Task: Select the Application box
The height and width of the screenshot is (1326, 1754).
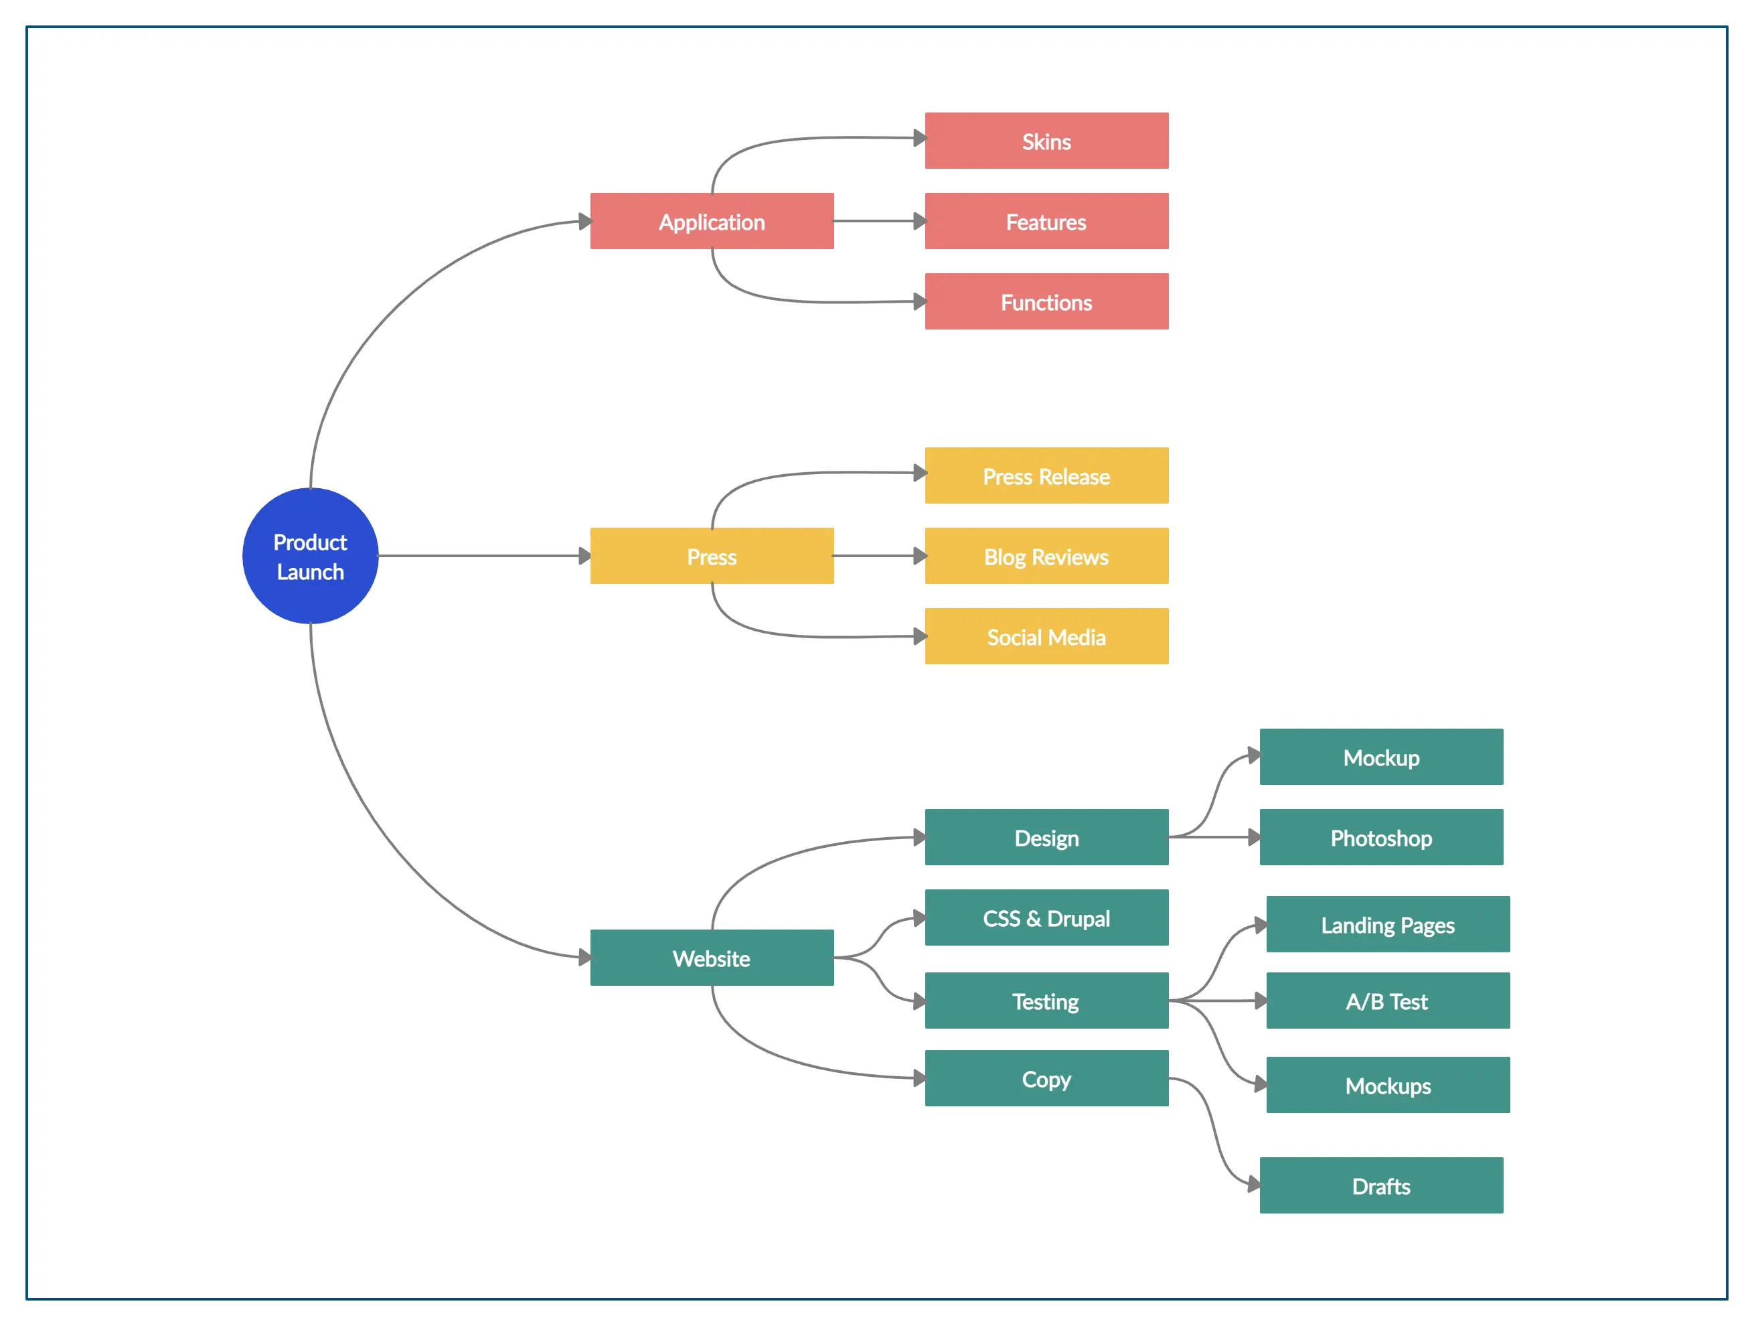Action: pos(711,221)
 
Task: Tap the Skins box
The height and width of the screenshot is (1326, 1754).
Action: pos(1046,141)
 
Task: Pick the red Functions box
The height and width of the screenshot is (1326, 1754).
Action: pos(1046,302)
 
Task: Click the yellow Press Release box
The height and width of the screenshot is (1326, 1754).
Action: pos(1046,476)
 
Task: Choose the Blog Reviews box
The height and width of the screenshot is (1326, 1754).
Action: pos(1046,557)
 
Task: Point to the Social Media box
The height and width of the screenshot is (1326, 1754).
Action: pos(1046,637)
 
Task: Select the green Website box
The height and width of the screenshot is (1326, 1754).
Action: pos(711,958)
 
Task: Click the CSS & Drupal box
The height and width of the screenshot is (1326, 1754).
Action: pos(1046,918)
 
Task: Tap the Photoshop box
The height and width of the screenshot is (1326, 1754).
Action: pos(1380,838)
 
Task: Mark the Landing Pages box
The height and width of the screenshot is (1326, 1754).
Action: pos(1388,925)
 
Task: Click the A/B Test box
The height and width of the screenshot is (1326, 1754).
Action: pos(1388,1001)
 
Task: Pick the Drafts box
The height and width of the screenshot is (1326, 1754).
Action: pos(1380,1185)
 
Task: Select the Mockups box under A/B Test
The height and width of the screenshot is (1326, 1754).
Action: pos(1388,1085)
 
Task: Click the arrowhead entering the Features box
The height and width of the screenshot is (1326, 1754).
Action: pos(919,221)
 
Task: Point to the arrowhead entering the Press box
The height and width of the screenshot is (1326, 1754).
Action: pos(584,556)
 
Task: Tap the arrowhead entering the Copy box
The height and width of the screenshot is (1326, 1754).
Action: pos(919,1078)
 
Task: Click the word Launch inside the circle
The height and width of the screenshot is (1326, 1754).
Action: pos(310,572)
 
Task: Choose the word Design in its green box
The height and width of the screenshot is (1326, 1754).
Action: pos(1046,838)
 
